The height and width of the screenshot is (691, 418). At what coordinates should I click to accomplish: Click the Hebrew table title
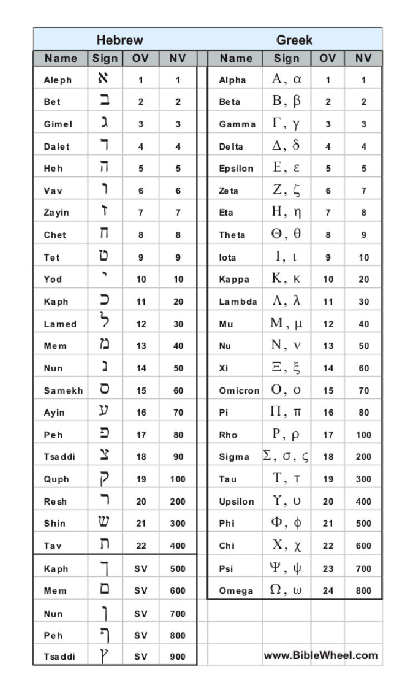[x=119, y=40]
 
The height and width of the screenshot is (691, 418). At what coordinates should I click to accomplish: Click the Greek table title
[x=294, y=40]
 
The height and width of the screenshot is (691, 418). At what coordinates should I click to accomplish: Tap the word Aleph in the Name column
[x=58, y=80]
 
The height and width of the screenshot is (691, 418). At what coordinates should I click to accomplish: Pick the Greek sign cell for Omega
[x=286, y=590]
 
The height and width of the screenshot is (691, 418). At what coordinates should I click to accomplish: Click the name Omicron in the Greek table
[x=239, y=391]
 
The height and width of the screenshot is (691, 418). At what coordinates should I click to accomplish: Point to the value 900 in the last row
[x=178, y=657]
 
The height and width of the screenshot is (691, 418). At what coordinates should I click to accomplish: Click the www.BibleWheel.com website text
[x=320, y=655]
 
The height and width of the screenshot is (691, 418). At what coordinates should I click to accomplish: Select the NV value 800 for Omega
[x=363, y=591]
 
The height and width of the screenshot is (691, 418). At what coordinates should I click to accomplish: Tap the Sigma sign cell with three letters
[x=286, y=456]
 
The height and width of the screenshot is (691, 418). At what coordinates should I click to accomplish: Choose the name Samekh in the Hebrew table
[x=64, y=391]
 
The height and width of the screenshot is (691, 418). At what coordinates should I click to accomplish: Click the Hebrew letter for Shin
[x=104, y=523]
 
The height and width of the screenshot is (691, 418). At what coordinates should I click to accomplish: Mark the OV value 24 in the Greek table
[x=328, y=591]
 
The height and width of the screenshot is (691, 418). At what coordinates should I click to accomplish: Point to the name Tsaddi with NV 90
[x=59, y=457]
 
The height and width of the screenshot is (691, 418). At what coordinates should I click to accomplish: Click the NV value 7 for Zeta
[x=363, y=191]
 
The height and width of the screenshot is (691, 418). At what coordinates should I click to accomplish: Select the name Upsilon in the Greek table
[x=236, y=502]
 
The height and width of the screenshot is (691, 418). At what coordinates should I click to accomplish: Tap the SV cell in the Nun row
[x=141, y=614]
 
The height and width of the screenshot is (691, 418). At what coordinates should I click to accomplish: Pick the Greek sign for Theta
[x=286, y=235]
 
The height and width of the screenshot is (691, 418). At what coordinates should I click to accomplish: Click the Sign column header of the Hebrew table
[x=105, y=58]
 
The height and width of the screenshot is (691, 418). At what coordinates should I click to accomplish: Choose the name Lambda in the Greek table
[x=238, y=301]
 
